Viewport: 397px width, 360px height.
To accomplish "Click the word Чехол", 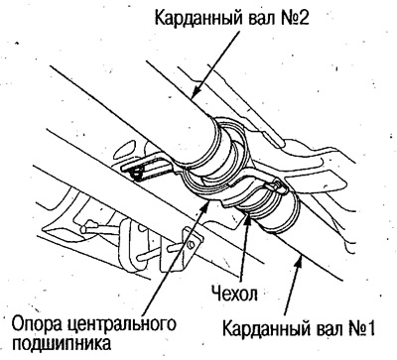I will pyautogui.click(x=235, y=295).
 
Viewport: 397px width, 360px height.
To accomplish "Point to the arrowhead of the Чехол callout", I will pyautogui.click(x=248, y=217).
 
